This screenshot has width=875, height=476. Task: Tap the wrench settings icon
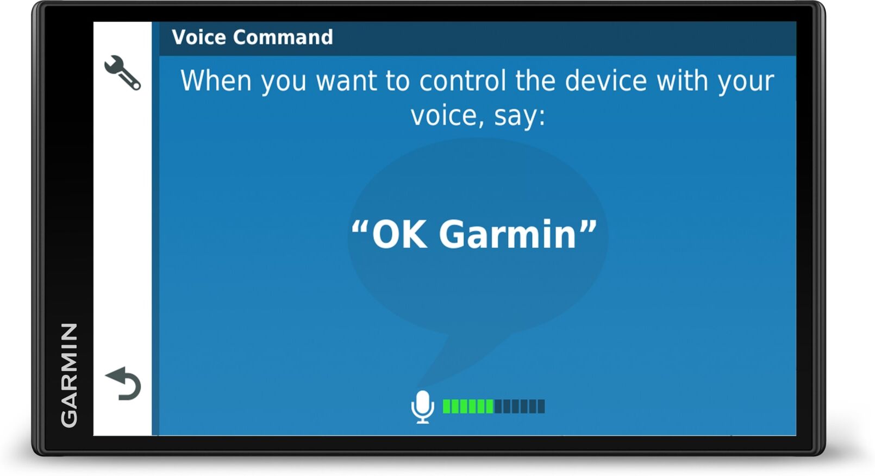click(122, 73)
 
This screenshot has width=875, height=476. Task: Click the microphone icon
click(422, 406)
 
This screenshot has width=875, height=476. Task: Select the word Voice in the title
click(198, 37)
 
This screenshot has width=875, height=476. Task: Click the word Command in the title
click(283, 37)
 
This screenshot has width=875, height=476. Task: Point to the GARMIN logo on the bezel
click(69, 375)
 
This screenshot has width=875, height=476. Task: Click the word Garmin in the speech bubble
click(507, 235)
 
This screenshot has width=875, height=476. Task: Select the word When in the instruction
click(216, 81)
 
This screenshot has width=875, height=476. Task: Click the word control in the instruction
click(462, 81)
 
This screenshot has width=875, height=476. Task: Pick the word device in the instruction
click(605, 81)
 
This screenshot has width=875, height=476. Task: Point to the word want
click(346, 82)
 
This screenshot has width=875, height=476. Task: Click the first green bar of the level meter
click(447, 406)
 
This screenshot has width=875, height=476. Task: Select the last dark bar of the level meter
click(541, 406)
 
